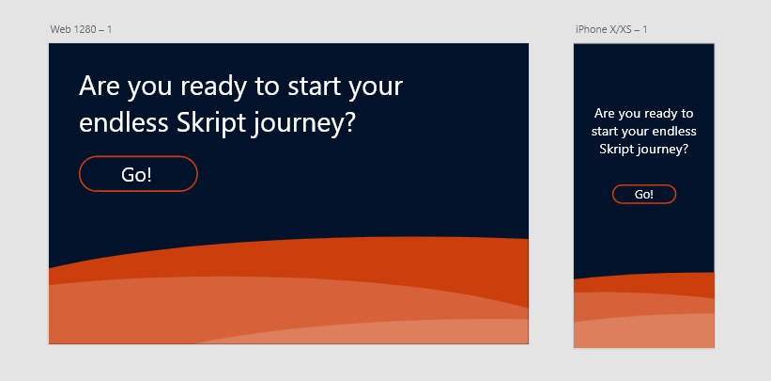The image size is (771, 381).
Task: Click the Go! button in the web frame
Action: click(x=138, y=173)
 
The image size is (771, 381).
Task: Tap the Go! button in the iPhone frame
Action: click(x=644, y=194)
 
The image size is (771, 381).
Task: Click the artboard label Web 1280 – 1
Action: click(x=81, y=29)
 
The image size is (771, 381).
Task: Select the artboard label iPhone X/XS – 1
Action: click(x=611, y=29)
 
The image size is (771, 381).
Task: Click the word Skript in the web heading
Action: click(x=212, y=123)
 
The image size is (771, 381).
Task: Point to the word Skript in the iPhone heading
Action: click(x=617, y=150)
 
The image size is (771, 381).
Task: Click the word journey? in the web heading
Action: click(x=303, y=124)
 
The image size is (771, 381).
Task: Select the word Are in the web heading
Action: click(x=100, y=87)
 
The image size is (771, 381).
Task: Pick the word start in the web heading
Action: click(x=314, y=87)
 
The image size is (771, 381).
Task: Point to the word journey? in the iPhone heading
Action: click(x=662, y=150)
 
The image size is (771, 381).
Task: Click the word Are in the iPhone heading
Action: click(x=605, y=114)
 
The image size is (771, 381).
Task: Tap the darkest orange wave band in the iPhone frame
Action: click(x=644, y=284)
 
